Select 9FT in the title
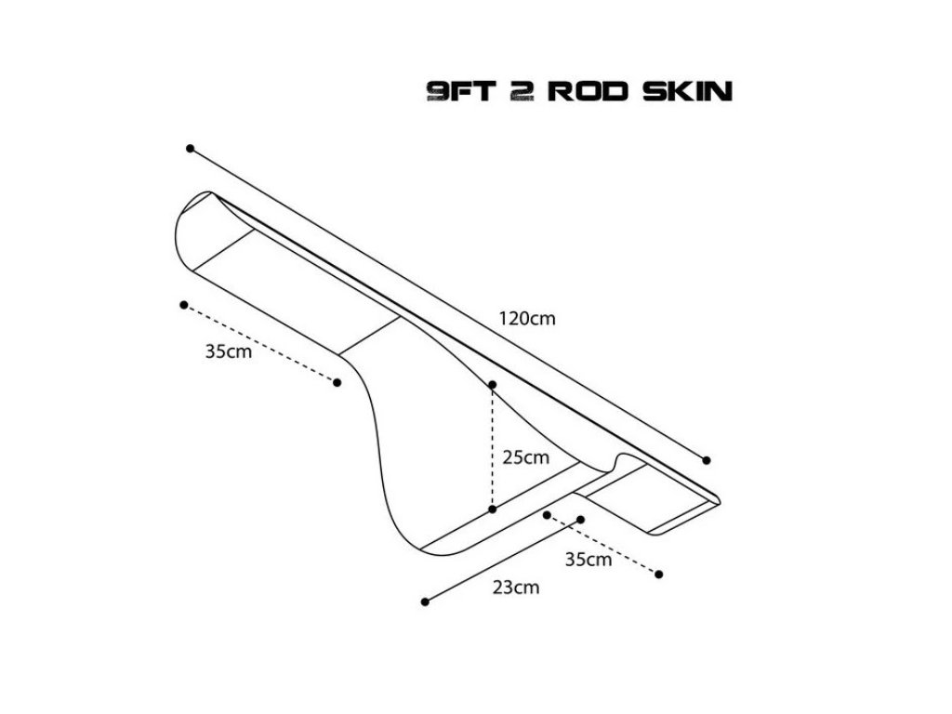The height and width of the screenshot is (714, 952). (x=456, y=91)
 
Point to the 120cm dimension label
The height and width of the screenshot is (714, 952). (x=529, y=318)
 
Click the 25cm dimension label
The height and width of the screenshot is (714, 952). (x=525, y=457)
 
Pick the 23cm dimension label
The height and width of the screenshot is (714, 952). (x=516, y=587)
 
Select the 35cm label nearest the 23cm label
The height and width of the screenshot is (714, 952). (x=588, y=560)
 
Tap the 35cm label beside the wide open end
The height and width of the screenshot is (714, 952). (x=229, y=352)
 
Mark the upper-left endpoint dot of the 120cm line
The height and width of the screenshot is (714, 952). (x=191, y=148)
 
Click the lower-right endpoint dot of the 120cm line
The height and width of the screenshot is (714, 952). (x=707, y=460)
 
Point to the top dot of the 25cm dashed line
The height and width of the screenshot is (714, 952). (x=493, y=384)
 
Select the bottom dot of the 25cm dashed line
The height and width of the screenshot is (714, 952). (x=493, y=509)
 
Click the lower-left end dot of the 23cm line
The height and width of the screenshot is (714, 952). (x=425, y=602)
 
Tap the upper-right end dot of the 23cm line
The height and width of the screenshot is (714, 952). (x=581, y=520)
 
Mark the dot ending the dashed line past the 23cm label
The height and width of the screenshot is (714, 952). (x=659, y=574)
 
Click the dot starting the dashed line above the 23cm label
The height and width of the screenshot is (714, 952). (x=548, y=514)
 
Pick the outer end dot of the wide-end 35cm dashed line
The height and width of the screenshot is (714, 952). (x=184, y=304)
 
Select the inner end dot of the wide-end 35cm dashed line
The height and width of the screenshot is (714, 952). (x=337, y=381)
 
